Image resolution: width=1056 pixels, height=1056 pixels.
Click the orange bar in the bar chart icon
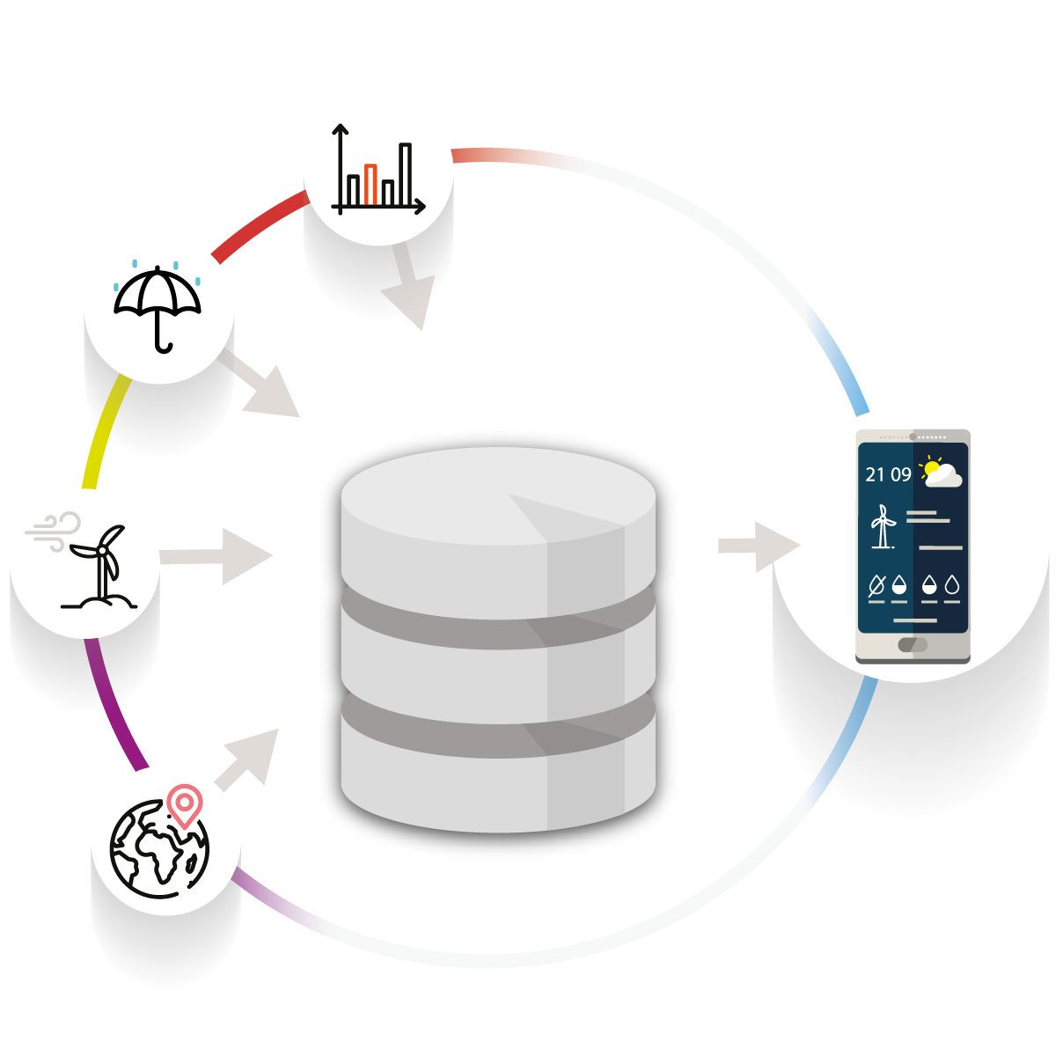pyautogui.click(x=371, y=184)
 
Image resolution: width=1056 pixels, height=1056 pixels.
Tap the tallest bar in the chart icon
pyautogui.click(x=405, y=173)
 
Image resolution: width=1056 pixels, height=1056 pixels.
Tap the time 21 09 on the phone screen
pyautogui.click(x=888, y=475)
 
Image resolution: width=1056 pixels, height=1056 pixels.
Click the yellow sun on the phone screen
pyautogui.click(x=932, y=467)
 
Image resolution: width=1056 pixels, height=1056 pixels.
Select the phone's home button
pyautogui.click(x=913, y=645)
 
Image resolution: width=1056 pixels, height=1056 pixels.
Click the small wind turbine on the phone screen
pyautogui.click(x=882, y=526)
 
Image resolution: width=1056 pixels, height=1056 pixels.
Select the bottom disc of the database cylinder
pyautogui.click(x=498, y=774)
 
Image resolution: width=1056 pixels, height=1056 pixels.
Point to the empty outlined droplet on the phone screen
pyautogui.click(x=951, y=584)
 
